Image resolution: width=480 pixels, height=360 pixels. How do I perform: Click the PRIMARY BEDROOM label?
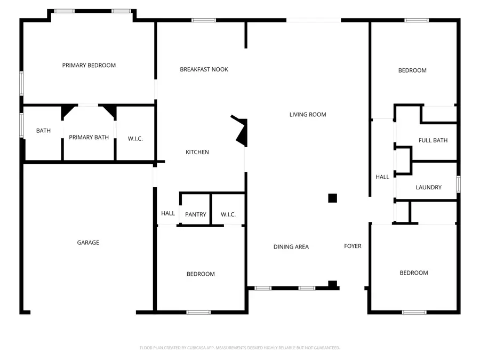(89, 66)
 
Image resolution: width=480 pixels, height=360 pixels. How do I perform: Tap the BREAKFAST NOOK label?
(204, 69)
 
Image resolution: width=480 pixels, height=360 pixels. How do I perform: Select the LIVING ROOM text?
(308, 115)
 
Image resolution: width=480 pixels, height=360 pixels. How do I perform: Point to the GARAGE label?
(88, 243)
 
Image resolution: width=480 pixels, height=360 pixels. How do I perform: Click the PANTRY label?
(196, 214)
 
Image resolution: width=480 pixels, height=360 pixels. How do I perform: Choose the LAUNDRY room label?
(428, 187)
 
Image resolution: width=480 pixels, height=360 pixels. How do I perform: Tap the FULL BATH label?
(433, 141)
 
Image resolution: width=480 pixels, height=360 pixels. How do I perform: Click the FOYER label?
(353, 246)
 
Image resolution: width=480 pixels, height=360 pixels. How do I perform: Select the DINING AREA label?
(291, 247)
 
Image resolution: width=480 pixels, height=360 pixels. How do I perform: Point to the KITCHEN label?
(197, 153)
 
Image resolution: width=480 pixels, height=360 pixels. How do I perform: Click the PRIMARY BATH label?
(89, 138)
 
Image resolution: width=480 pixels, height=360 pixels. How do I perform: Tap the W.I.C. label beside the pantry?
(228, 214)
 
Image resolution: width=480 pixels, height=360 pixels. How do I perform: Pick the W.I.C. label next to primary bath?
(135, 139)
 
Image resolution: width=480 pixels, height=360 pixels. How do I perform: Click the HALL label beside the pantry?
(168, 213)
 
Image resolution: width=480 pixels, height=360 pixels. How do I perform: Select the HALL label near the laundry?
(382, 177)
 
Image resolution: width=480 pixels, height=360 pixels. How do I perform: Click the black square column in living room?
(332, 198)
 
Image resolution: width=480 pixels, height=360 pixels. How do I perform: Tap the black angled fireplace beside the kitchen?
(242, 132)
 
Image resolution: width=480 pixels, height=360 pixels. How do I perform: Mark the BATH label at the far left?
(43, 131)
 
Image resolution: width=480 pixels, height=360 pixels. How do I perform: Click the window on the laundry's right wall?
(458, 184)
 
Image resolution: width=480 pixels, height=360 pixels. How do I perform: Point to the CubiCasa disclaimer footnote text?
(239, 348)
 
